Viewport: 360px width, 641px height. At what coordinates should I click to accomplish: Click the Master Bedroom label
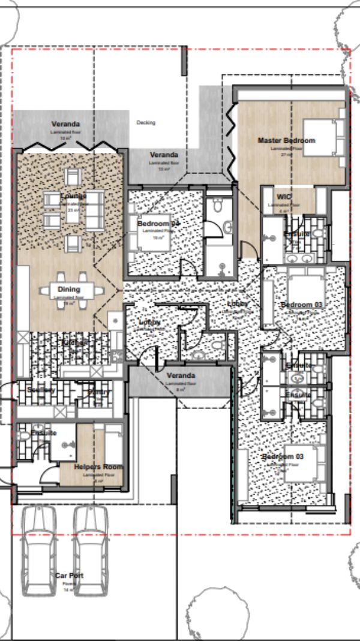point(286,140)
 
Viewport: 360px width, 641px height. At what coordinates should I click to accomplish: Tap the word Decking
point(146,123)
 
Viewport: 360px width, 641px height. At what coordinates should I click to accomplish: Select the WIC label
point(284,197)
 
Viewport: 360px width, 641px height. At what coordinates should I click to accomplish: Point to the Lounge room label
point(73,196)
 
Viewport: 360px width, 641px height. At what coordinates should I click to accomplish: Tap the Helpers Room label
point(98,467)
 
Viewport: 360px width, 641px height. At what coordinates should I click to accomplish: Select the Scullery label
point(41,390)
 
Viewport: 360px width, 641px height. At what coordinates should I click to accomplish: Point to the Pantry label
point(99,392)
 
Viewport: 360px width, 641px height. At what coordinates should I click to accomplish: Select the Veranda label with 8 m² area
point(181,375)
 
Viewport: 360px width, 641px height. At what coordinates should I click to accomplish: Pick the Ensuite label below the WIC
point(296,233)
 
